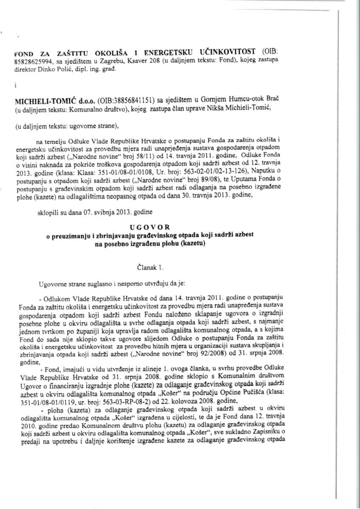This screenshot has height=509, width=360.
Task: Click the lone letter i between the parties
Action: point(15,84)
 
